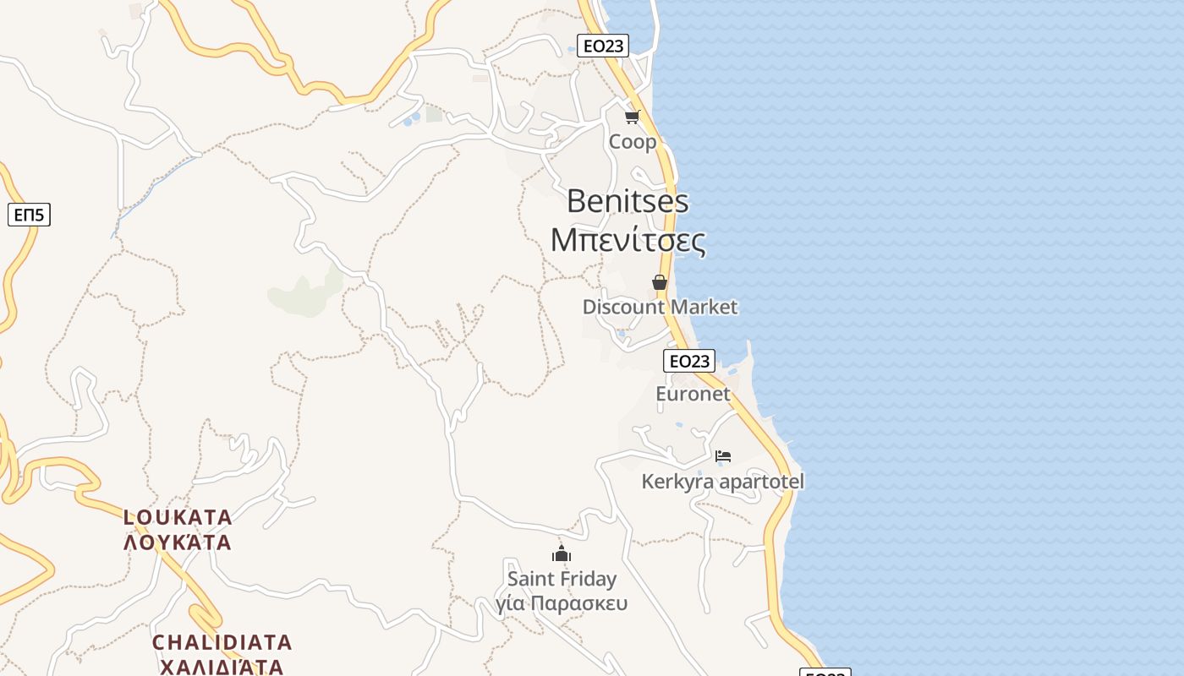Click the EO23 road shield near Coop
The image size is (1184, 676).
tap(602, 46)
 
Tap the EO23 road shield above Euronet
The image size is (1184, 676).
tap(688, 362)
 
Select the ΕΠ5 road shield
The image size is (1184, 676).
tap(30, 215)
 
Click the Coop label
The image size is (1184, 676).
tap(633, 142)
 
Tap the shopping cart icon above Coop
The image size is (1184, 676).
tap(632, 117)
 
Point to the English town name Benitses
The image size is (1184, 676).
tap(628, 201)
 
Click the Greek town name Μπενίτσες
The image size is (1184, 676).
tap(628, 240)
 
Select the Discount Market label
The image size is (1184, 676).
tap(660, 307)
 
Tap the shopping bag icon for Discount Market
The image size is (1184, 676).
tap(660, 282)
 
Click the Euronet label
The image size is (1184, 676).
tap(693, 394)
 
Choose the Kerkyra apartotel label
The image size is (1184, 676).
tap(722, 482)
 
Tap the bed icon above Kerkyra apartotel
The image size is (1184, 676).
tap(722, 456)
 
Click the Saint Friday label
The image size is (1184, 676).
tap(562, 579)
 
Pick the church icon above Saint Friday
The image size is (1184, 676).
tap(562, 554)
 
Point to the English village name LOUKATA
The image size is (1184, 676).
tap(178, 516)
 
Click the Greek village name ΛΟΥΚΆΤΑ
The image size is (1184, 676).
tap(178, 542)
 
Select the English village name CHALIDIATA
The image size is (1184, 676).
tap(222, 642)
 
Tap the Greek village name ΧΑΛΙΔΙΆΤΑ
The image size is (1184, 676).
tap(222, 667)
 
